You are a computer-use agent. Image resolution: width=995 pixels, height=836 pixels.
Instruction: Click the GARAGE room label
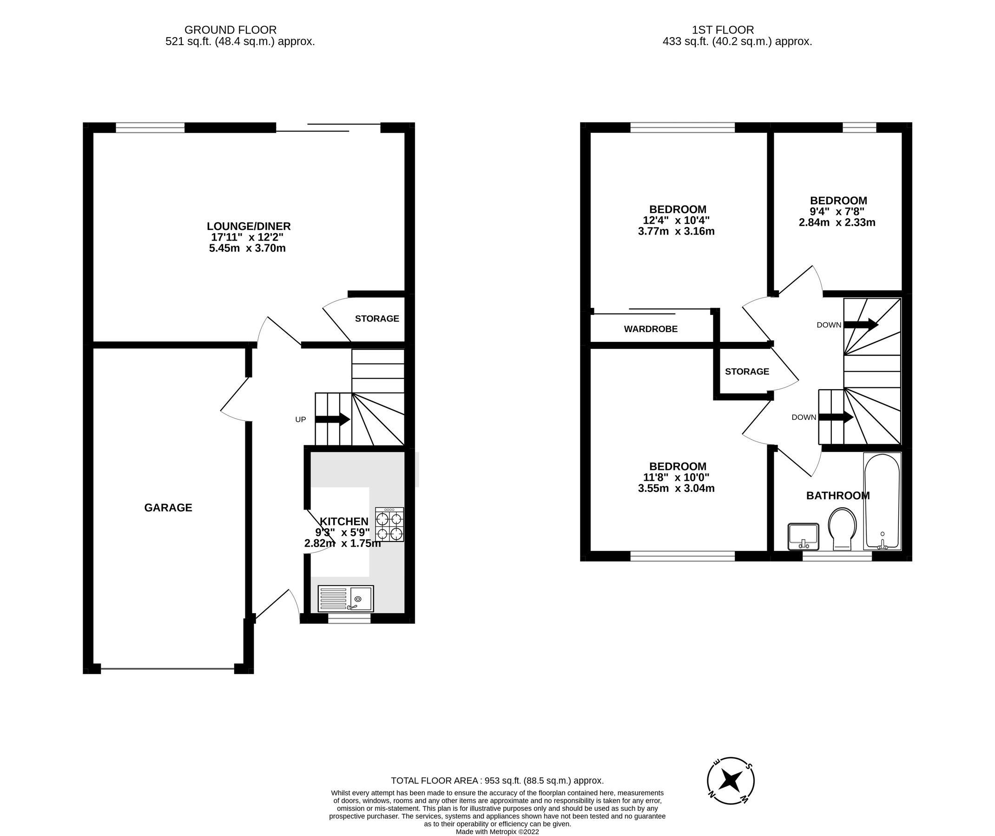[x=168, y=508]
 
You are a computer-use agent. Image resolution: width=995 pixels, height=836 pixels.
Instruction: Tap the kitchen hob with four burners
[x=389, y=525]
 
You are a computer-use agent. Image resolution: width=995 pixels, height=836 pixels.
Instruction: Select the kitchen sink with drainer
[x=345, y=599]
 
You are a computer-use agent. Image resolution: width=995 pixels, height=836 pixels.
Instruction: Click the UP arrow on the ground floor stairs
[x=332, y=419]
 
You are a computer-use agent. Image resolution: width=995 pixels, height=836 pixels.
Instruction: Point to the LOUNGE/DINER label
[x=248, y=227]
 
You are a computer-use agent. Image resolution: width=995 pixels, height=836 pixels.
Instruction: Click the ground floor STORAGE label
[x=377, y=319]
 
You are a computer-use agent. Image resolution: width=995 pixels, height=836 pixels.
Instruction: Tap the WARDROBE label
[x=650, y=329]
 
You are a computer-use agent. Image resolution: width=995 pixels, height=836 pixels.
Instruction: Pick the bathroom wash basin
[x=803, y=536]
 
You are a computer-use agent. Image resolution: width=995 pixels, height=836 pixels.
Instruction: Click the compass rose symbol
[x=731, y=781]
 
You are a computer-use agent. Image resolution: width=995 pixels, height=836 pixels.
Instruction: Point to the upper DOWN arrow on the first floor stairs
[x=860, y=325]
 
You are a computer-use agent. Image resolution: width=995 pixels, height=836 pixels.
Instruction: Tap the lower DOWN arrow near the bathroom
[x=836, y=417]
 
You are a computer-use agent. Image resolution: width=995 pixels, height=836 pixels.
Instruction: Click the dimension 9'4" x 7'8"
[x=837, y=211]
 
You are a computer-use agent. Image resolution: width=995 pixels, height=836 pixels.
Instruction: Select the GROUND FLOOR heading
[x=231, y=30]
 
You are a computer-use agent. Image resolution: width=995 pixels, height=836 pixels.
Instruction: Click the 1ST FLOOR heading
[x=723, y=30]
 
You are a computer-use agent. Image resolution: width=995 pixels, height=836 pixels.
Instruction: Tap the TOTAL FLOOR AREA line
[x=497, y=781]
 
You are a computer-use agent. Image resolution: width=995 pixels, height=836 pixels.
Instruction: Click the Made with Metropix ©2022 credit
[x=497, y=832]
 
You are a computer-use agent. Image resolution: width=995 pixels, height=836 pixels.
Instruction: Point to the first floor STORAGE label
[x=746, y=372]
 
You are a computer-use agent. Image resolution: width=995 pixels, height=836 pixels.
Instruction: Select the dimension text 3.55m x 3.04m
[x=676, y=488]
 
